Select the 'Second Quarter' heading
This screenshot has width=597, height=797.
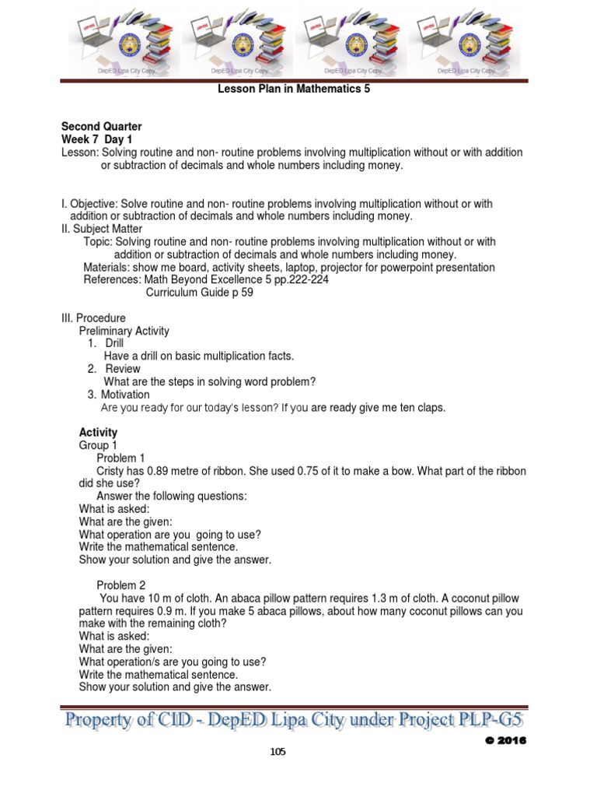pyautogui.click(x=101, y=127)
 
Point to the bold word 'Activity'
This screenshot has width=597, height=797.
pyautogui.click(x=98, y=433)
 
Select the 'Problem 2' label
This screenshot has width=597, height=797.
pyautogui.click(x=120, y=585)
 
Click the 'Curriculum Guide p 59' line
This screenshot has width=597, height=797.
pyautogui.click(x=200, y=293)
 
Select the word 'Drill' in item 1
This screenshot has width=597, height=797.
pyautogui.click(x=114, y=343)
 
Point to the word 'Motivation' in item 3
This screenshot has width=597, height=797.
pyautogui.click(x=125, y=395)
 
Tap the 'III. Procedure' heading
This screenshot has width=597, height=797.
pyautogui.click(x=93, y=318)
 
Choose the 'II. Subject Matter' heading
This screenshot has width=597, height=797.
pyautogui.click(x=102, y=229)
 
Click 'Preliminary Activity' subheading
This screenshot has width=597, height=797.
pyautogui.click(x=124, y=331)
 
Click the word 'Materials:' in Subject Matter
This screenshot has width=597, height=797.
pyautogui.click(x=107, y=268)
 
